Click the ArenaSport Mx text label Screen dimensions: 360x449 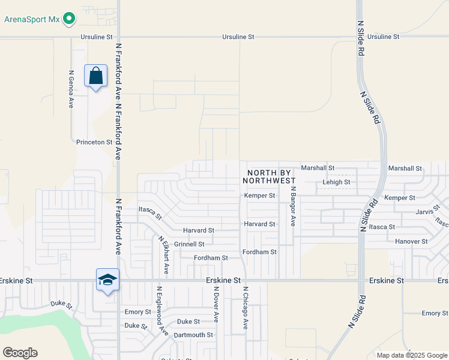coord(32,19)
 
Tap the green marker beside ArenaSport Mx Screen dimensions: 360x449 coord(70,19)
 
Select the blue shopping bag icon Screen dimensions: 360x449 coord(95,76)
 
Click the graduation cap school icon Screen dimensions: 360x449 coord(108,280)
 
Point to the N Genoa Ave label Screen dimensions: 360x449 coord(71,89)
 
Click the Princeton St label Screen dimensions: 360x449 coord(94,143)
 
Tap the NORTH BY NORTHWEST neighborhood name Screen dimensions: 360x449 coord(270,176)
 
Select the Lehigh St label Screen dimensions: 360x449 coord(336,182)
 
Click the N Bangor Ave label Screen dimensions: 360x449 coord(294,206)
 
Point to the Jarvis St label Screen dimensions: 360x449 coord(428,212)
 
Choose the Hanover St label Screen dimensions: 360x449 coord(411,241)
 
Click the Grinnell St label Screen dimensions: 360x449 coord(189,244)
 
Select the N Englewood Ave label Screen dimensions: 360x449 coord(160,310)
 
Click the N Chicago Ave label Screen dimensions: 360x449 coord(245,308)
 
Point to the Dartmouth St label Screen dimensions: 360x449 coord(193,335)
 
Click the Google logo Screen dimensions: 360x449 coord(20,353)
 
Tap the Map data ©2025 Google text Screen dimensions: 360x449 coord(412,355)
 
